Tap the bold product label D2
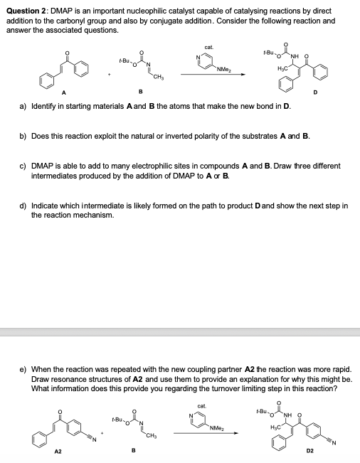[x=310, y=450]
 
